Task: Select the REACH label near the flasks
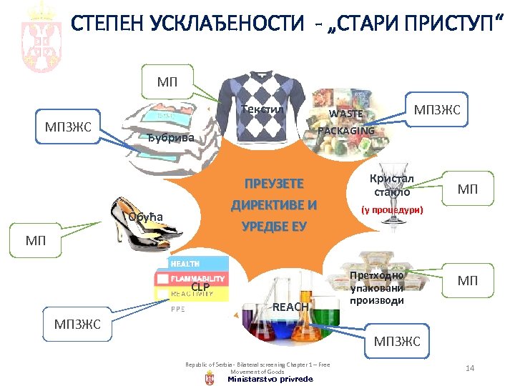click(x=291, y=307)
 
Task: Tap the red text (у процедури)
click(x=391, y=210)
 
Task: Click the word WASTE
click(x=345, y=114)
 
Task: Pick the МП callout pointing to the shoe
click(x=35, y=239)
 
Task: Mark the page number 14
click(x=470, y=367)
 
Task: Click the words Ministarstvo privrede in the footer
click(x=270, y=379)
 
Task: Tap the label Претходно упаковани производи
click(x=377, y=288)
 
